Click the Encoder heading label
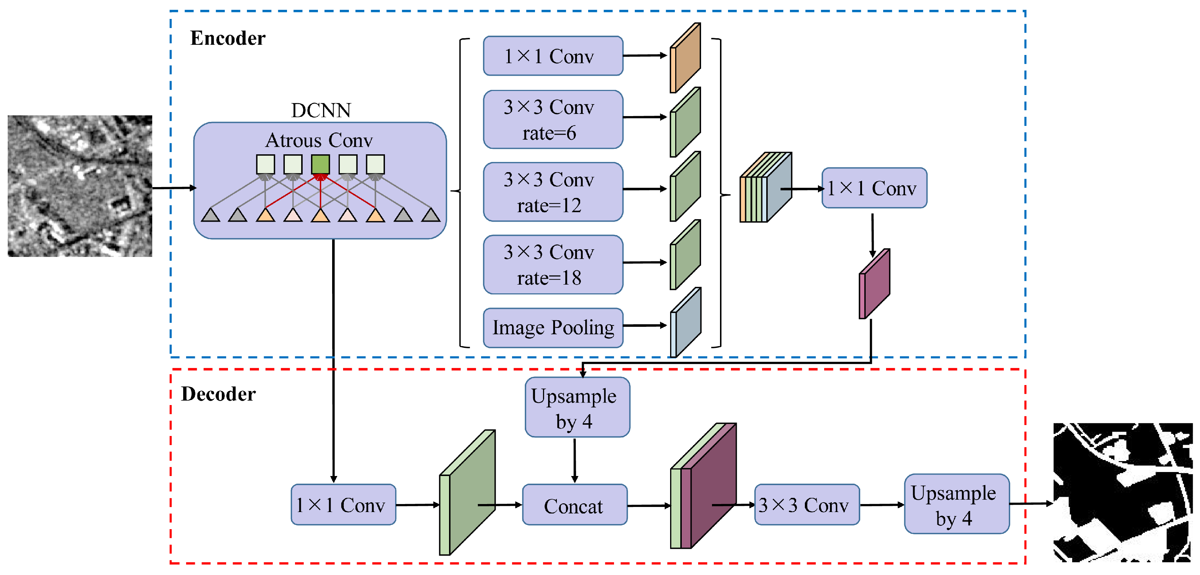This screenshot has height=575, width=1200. [227, 38]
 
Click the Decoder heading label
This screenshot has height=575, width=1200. [218, 394]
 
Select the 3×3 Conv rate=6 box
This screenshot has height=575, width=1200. [552, 120]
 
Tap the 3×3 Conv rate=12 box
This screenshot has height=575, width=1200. [552, 192]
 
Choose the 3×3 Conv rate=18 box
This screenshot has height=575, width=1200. [552, 265]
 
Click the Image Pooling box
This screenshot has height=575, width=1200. [552, 327]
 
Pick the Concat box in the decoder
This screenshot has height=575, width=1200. [574, 505]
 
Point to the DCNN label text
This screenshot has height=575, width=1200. [320, 110]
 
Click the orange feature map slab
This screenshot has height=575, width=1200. [685, 58]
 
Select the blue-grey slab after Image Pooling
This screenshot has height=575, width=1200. [686, 322]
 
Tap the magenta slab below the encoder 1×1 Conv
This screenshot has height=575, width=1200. [874, 284]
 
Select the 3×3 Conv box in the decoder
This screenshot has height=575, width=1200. [807, 505]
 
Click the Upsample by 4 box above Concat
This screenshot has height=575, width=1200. [577, 407]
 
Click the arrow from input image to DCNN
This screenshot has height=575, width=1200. [173, 188]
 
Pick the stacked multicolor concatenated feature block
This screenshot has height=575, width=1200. [766, 187]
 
